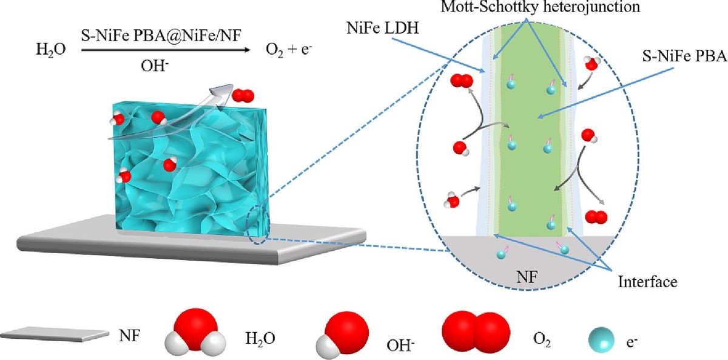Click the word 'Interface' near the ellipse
pyautogui.click(x=647, y=282)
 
